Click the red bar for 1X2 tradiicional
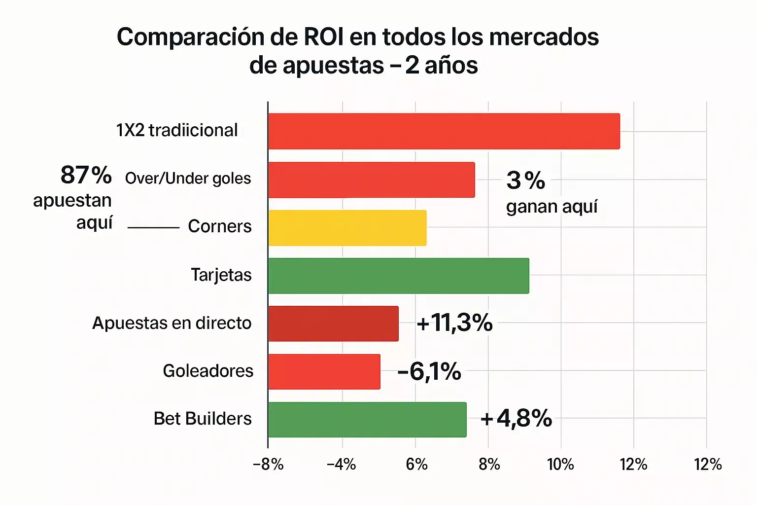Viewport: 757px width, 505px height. [x=444, y=131]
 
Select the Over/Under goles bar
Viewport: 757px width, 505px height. [x=372, y=180]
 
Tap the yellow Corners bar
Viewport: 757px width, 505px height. [x=347, y=228]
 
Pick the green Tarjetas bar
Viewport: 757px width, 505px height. [x=398, y=276]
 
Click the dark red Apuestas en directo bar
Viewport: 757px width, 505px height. [x=333, y=324]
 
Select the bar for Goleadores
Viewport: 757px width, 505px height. [x=324, y=371]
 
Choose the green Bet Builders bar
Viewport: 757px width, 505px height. [x=367, y=420]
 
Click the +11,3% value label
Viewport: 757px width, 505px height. [x=454, y=323]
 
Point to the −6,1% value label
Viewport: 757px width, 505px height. [x=429, y=371]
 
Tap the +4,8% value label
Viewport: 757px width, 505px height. [x=516, y=419]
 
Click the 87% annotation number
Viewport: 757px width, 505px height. [x=86, y=175]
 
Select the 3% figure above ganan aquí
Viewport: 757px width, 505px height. [x=526, y=180]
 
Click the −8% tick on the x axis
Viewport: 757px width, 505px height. [x=268, y=465]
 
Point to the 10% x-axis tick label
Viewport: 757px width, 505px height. [x=561, y=465]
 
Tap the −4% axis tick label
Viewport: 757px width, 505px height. [x=342, y=465]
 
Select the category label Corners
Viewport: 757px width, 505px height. [x=220, y=226]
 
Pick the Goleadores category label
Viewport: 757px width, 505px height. [x=208, y=371]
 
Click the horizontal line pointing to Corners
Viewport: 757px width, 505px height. [x=153, y=228]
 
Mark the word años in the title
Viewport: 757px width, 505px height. [x=451, y=66]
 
